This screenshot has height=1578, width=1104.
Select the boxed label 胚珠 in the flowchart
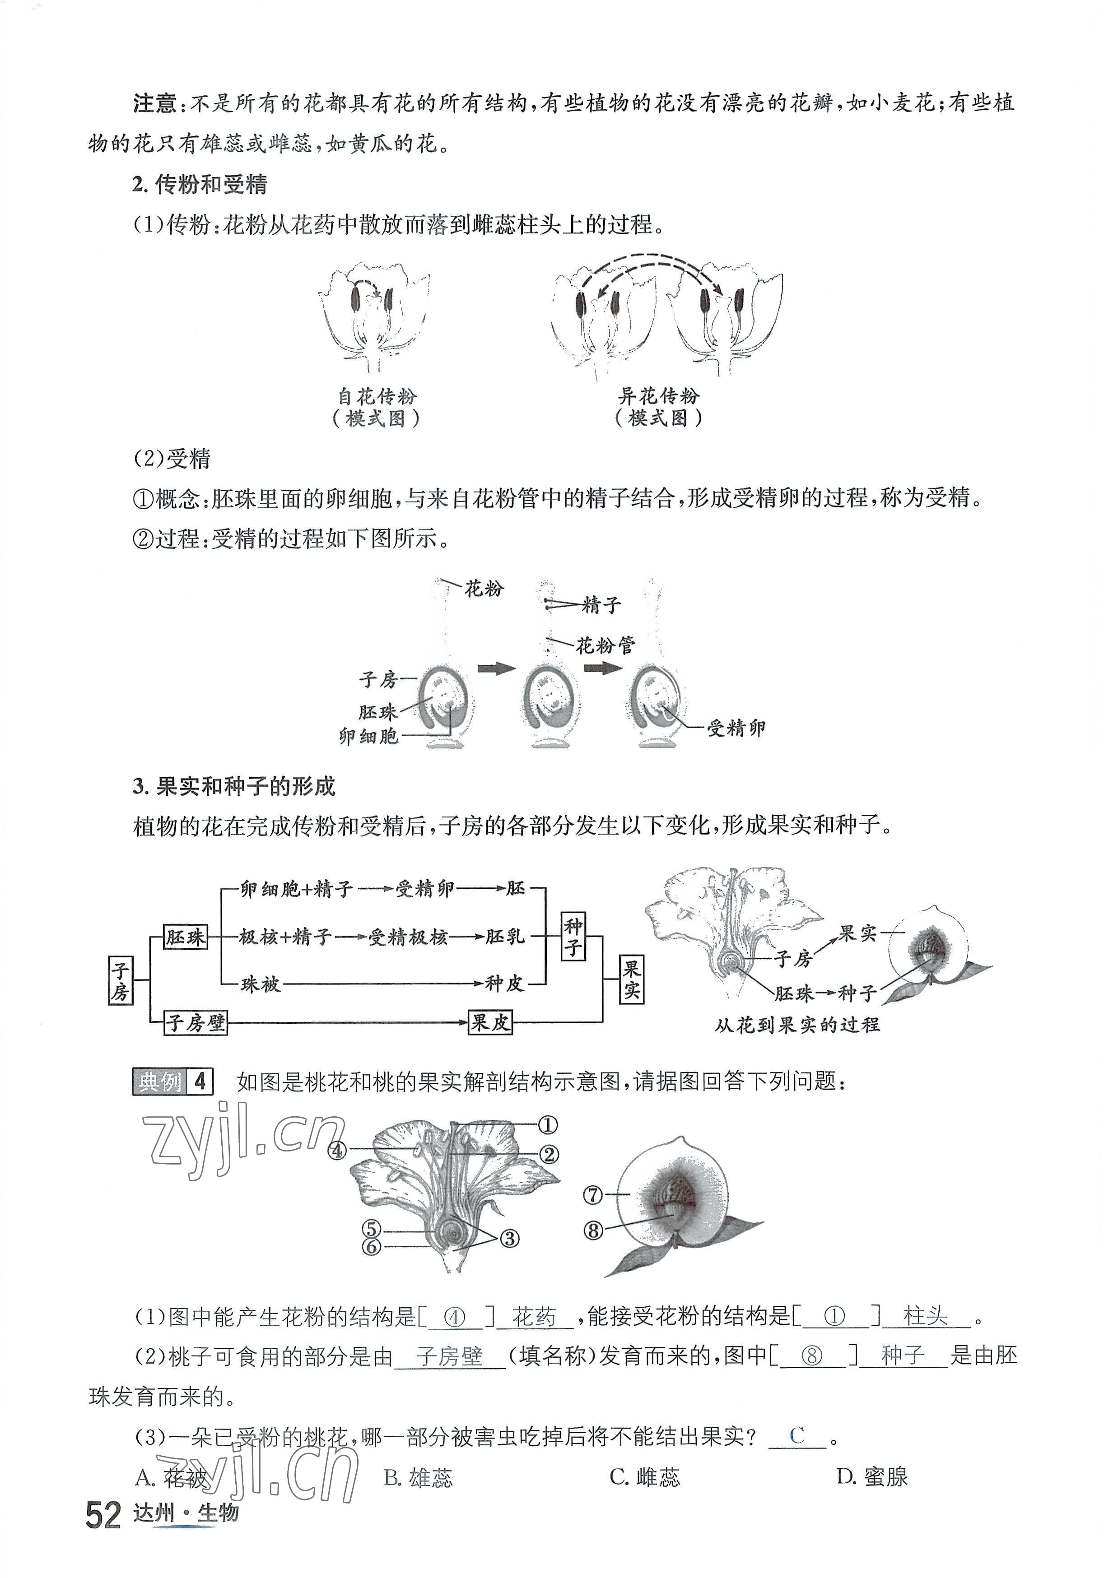[x=186, y=936]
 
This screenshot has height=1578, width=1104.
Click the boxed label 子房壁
[x=195, y=1023]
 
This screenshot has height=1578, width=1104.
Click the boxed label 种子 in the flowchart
[x=573, y=936]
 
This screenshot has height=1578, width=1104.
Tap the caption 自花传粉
[x=377, y=397]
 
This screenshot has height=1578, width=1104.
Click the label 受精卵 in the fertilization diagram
[x=736, y=728]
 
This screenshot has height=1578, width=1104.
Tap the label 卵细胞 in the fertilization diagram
[x=368, y=737]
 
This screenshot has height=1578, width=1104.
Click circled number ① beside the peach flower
[x=547, y=1125]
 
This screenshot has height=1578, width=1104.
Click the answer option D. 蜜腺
[x=871, y=1477]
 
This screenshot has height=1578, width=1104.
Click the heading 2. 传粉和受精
[x=200, y=184]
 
